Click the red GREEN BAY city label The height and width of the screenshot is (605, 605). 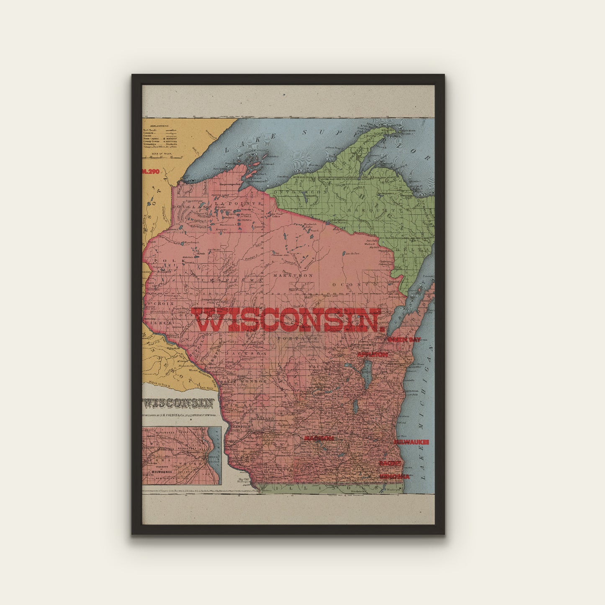pyautogui.click(x=404, y=340)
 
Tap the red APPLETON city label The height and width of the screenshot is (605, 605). pyautogui.click(x=372, y=355)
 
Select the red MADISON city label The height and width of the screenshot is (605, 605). pyautogui.click(x=319, y=438)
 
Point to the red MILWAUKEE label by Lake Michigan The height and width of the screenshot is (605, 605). pyautogui.click(x=412, y=442)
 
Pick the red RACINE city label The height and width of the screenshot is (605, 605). pyautogui.click(x=391, y=463)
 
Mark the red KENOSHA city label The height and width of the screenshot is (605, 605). pyautogui.click(x=394, y=476)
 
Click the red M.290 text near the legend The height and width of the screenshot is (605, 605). pyautogui.click(x=152, y=171)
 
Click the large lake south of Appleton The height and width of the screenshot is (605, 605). pyautogui.click(x=367, y=370)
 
